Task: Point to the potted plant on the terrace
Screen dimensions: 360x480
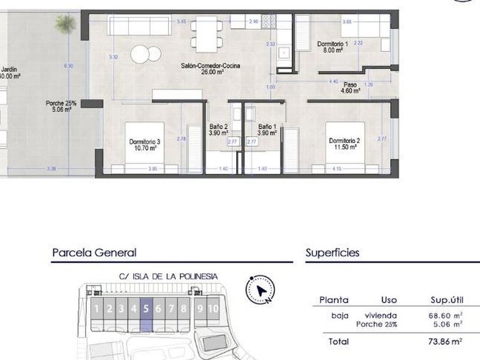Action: coord(64,24)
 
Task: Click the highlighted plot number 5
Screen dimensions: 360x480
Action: coord(146,308)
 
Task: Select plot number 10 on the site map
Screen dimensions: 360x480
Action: coord(213,308)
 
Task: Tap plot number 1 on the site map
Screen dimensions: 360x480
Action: coord(96,308)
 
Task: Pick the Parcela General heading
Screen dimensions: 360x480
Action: coord(94,253)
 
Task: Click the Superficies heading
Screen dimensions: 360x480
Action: coord(332,253)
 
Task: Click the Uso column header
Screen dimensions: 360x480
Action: coord(389,300)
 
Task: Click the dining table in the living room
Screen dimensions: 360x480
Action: coord(206,34)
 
